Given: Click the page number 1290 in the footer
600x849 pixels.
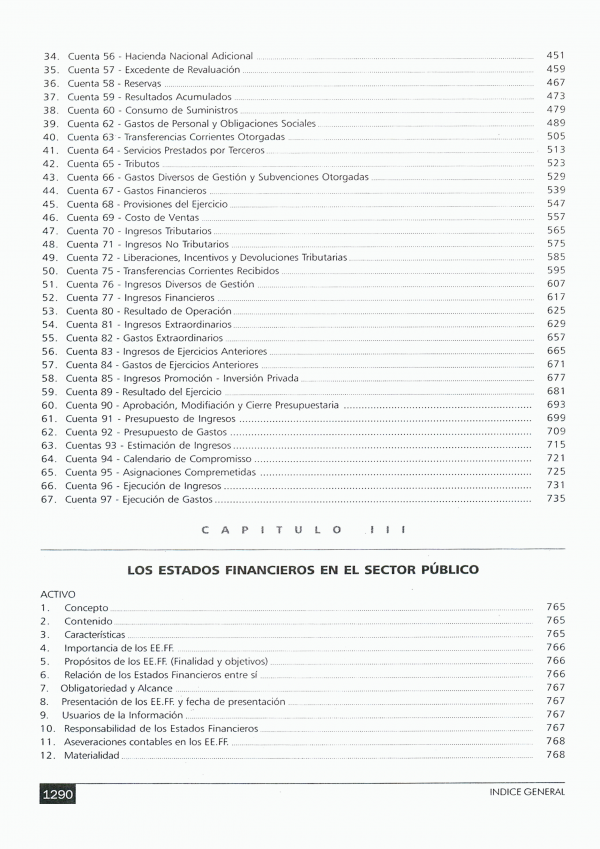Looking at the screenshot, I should (59, 794).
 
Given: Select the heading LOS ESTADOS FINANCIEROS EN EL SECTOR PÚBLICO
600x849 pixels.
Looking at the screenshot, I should (303, 569).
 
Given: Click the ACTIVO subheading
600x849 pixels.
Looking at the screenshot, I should (57, 594).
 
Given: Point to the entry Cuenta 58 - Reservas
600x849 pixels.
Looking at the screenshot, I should (111, 83).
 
